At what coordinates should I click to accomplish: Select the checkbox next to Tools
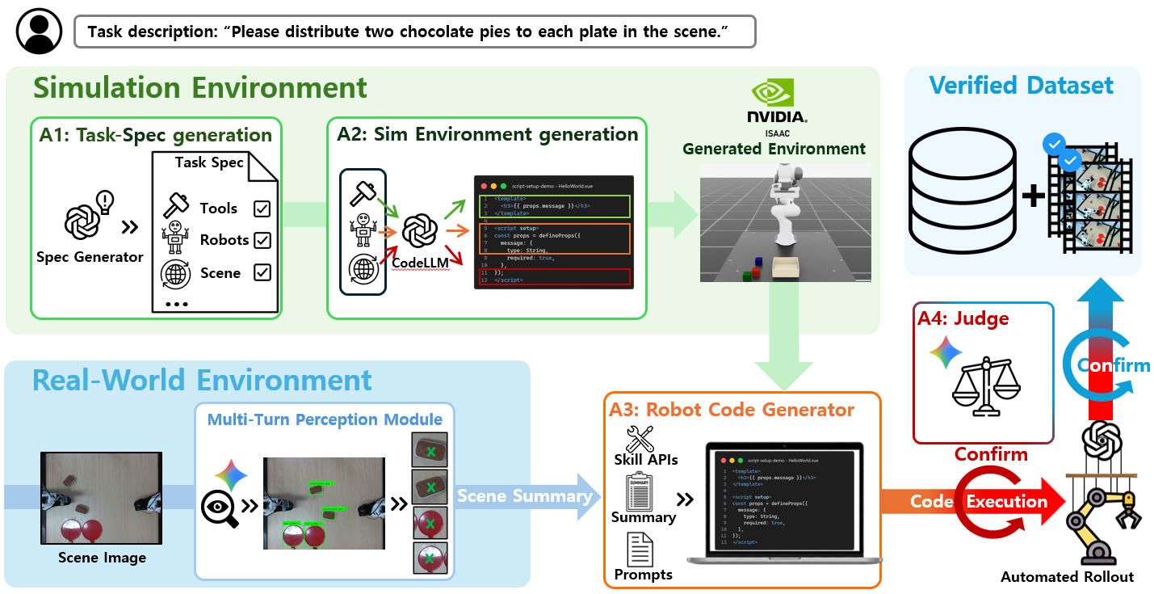[x=262, y=209]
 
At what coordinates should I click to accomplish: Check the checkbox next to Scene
[x=262, y=272]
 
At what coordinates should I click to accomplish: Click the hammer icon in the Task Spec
[x=175, y=207]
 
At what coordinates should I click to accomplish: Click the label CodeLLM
[x=419, y=262]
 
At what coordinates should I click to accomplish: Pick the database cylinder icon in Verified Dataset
[x=962, y=191]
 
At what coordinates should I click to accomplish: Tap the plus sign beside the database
[x=1034, y=195]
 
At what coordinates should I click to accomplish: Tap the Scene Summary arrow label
[x=524, y=495]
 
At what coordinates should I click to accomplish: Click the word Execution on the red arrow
[x=1006, y=502]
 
